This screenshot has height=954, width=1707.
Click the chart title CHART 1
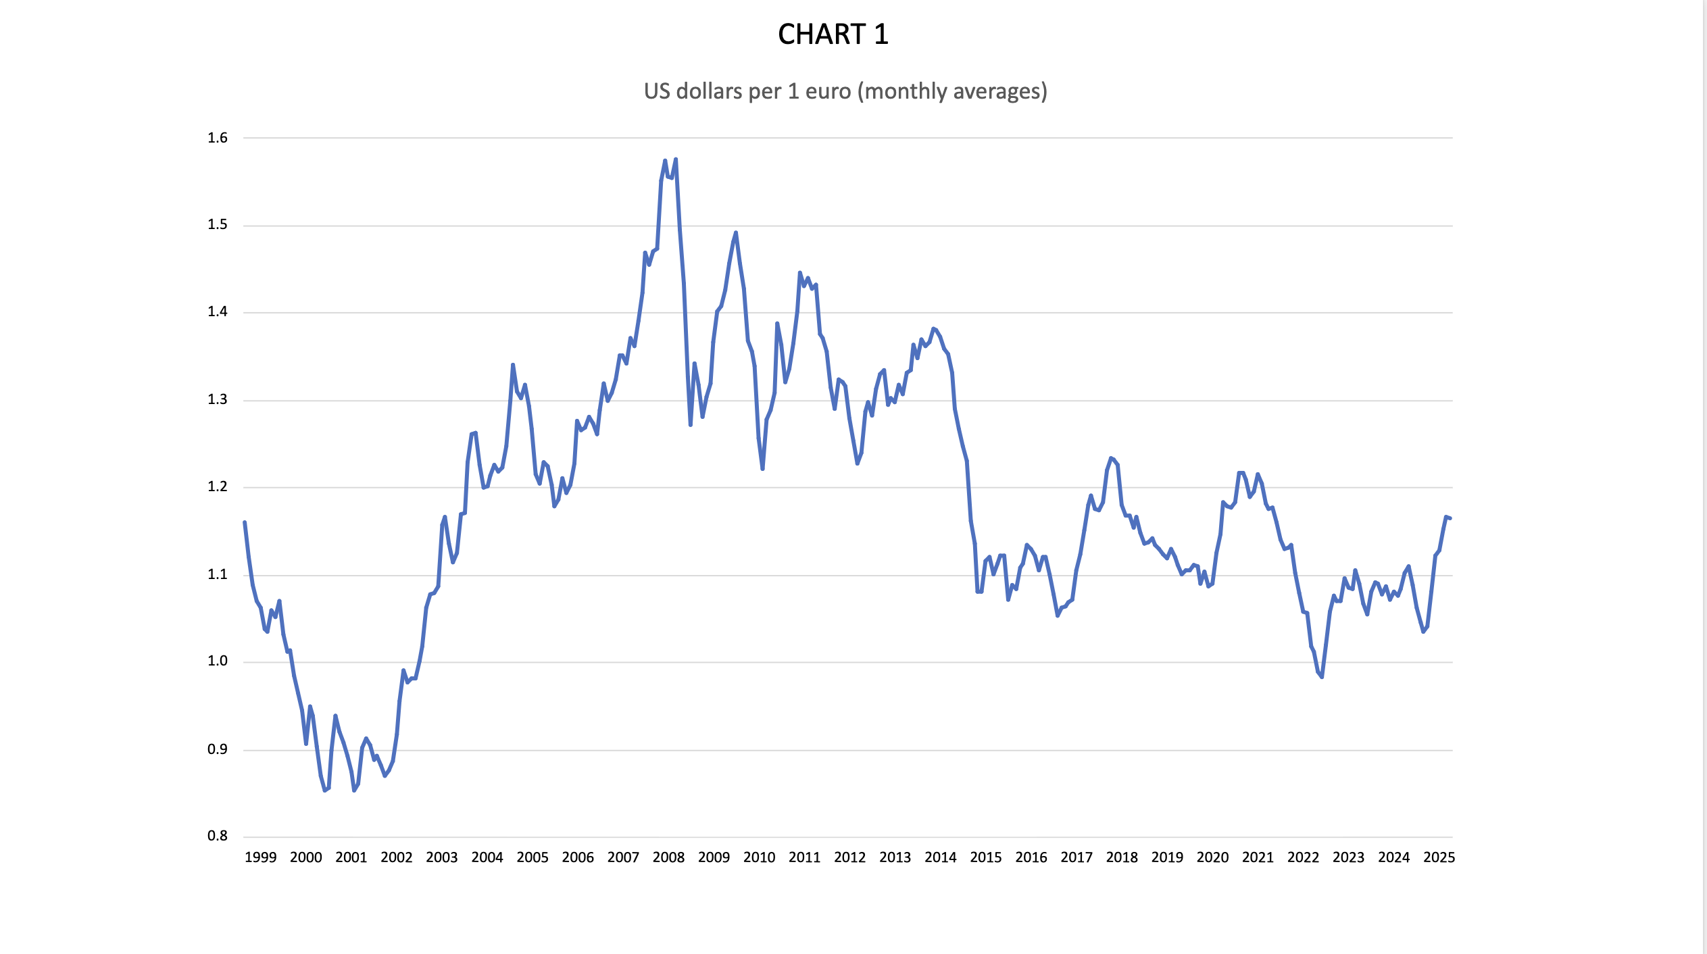pos(833,34)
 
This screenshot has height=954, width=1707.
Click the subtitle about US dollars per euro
pos(845,91)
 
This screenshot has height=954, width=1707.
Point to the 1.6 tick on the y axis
pos(218,138)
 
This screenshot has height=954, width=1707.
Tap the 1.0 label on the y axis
pos(218,661)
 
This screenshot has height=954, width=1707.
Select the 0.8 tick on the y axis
pos(218,836)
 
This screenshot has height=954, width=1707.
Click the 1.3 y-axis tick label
pos(218,400)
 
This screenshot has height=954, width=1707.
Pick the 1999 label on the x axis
pos(260,857)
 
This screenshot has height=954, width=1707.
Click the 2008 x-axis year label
pos(668,857)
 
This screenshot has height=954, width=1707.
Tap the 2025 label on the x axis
pos(1439,857)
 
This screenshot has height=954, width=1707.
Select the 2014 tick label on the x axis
pos(940,857)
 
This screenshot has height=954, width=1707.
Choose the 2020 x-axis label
pos(1212,857)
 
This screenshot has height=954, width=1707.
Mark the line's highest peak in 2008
pos(675,159)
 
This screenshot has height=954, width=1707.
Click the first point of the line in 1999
pos(245,522)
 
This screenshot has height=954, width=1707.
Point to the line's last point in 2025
pos(1450,518)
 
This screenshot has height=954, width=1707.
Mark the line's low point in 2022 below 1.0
pos(1321,676)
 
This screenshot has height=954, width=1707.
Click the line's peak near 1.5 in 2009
pos(736,232)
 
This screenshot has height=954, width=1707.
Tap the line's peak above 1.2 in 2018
pos(1110,458)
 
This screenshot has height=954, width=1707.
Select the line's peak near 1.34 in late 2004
pos(513,365)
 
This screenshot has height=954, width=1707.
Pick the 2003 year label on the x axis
pos(441,857)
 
